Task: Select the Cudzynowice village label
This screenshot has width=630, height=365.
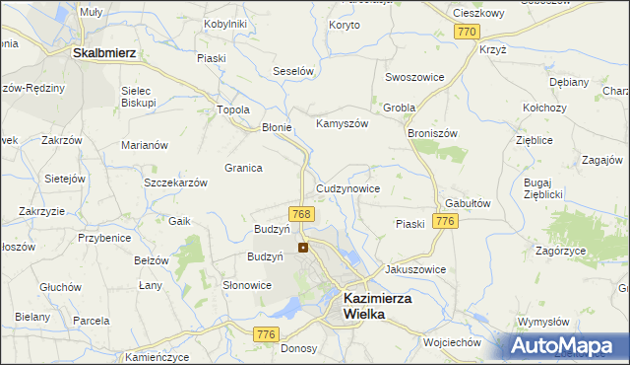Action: pos(348,187)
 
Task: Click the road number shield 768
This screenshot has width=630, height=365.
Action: pos(302,214)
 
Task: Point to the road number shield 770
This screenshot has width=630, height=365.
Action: pos(468,33)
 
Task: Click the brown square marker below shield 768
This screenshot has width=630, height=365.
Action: pos(303,248)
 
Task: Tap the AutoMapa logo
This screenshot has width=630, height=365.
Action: pos(566,345)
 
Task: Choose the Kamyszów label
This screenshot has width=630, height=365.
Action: pos(342,124)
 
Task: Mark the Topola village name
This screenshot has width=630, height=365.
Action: pos(233,110)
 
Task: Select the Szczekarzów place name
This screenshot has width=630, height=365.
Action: pos(175,183)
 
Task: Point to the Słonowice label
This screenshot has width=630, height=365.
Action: pos(246,285)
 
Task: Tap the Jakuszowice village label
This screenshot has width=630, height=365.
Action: pos(415,269)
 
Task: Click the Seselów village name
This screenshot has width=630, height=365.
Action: pos(292,72)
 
